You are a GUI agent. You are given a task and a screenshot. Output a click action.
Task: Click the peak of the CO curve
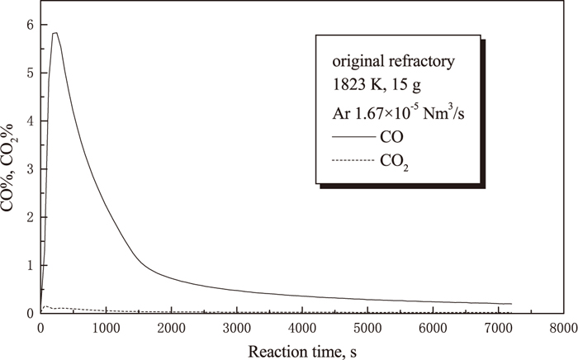click(54, 33)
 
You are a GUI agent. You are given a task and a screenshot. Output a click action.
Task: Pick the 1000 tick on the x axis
click(106, 327)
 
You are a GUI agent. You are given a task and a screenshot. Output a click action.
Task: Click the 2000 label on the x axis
click(171, 327)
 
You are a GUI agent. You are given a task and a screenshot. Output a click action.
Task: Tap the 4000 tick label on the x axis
click(301, 327)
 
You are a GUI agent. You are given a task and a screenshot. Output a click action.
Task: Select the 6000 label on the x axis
click(433, 327)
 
